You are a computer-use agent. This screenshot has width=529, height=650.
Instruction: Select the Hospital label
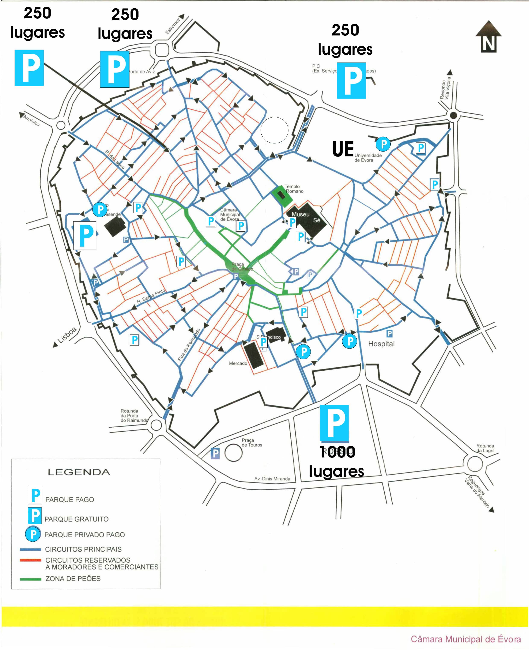381,344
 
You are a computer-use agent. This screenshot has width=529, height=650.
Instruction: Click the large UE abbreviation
343,149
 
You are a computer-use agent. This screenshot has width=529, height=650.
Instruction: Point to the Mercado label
238,363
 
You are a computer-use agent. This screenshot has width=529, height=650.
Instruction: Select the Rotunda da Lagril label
485,448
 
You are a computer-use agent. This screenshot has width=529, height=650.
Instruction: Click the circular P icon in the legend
33,534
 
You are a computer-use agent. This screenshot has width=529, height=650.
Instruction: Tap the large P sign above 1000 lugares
334,423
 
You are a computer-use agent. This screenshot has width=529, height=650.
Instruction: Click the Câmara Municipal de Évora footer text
465,639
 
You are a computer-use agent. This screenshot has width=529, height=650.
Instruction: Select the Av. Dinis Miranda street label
272,479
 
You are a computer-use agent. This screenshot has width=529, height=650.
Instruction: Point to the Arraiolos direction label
31,121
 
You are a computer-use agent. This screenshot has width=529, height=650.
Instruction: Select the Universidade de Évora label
368,158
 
